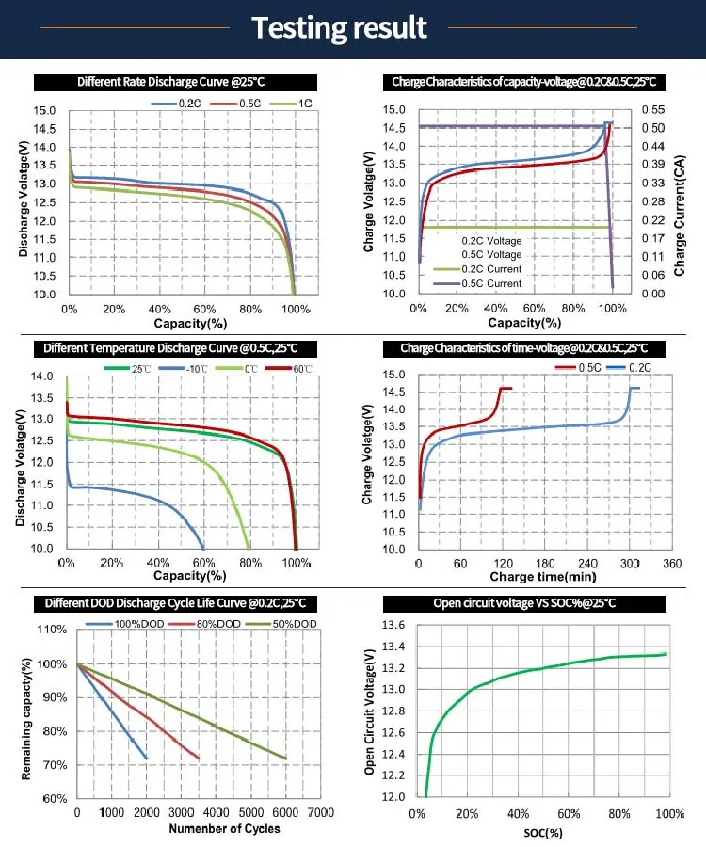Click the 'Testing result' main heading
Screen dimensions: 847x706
[339, 27]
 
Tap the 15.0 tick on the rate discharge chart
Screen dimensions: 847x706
[46, 110]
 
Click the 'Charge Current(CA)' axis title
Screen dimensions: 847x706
[680, 203]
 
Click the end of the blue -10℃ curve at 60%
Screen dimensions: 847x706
[203, 548]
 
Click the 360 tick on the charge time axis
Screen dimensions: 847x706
[672, 563]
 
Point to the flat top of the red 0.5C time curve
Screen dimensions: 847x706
[505, 388]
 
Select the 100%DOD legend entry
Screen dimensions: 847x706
[137, 623]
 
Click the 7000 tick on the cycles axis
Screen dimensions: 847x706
[320, 812]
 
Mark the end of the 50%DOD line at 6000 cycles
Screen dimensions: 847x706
[285, 759]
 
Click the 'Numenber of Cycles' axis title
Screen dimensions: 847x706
[224, 828]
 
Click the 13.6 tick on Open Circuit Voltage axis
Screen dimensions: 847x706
[393, 625]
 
